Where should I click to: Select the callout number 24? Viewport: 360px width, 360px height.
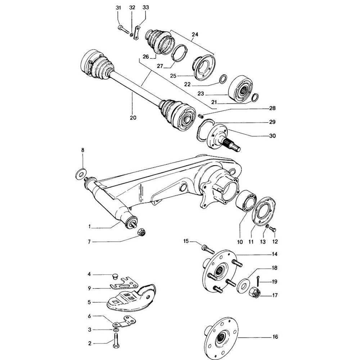pos(195,35)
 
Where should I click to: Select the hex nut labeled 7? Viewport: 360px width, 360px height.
pos(141,233)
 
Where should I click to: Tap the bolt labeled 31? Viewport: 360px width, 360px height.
pos(123,30)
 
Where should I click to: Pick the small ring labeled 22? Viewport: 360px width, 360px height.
pos(223,78)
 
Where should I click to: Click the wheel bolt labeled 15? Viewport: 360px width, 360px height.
pos(205,248)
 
